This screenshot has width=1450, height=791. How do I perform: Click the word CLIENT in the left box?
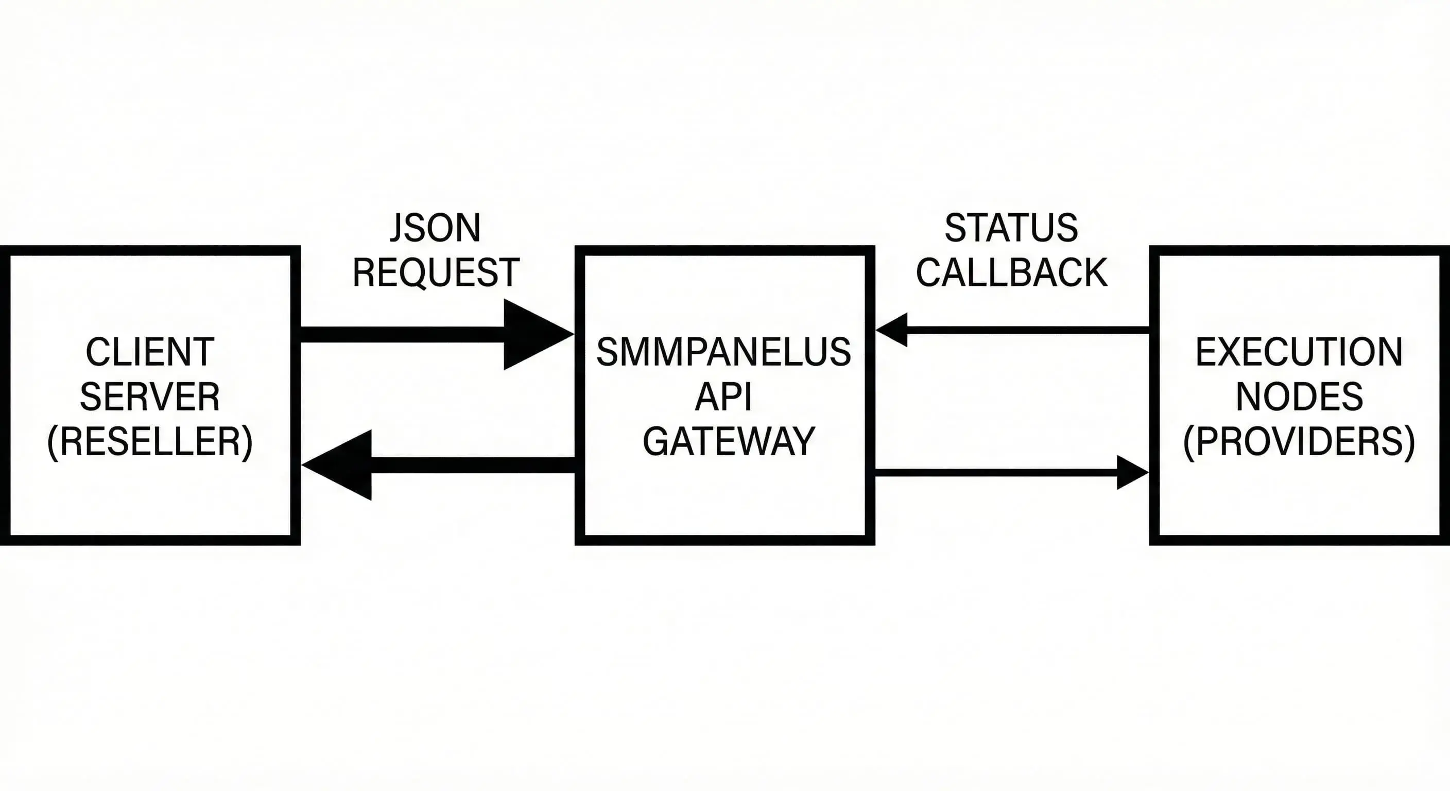(x=150, y=352)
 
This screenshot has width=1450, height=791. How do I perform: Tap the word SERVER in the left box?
(x=150, y=397)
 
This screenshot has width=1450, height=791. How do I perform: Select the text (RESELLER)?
(x=150, y=442)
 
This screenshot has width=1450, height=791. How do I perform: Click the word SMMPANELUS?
(x=724, y=352)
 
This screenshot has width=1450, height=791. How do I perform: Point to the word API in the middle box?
(x=724, y=397)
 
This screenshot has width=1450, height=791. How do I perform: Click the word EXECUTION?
(x=1299, y=352)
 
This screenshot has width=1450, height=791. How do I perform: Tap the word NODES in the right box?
(x=1299, y=397)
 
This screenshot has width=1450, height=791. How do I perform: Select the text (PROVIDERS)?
(x=1299, y=442)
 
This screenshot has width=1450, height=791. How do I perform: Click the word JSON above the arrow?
(x=435, y=228)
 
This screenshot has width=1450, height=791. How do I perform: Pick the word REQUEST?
(x=436, y=272)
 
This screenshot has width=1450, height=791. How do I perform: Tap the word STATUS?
(x=1011, y=228)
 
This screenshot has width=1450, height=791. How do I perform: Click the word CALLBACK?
(x=1011, y=272)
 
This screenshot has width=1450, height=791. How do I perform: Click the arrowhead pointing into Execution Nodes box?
(x=1130, y=472)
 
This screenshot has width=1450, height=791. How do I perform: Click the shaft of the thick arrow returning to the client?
(x=473, y=465)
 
